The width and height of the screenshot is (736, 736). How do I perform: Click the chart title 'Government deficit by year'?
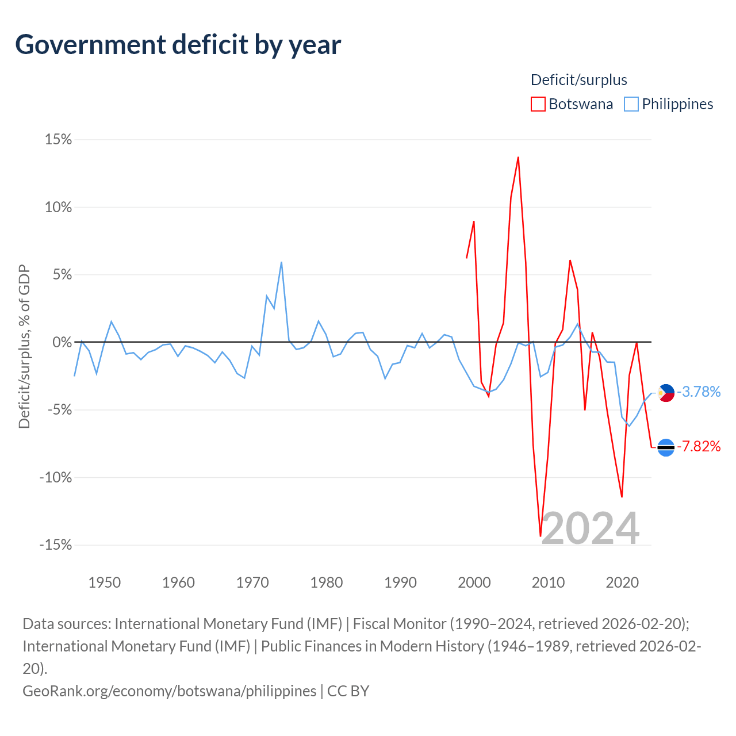pyautogui.click(x=178, y=45)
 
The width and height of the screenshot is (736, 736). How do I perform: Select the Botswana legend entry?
pyautogui.click(x=572, y=104)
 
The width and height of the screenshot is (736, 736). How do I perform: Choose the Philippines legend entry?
pyautogui.click(x=669, y=104)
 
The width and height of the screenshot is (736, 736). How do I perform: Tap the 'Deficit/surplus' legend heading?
pyautogui.click(x=578, y=80)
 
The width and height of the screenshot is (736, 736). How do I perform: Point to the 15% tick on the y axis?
pyautogui.click(x=58, y=140)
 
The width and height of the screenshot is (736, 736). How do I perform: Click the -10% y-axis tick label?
pyautogui.click(x=56, y=477)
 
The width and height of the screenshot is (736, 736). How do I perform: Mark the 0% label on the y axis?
pyautogui.click(x=62, y=343)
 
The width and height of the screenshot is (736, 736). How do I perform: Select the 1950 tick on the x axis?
pyautogui.click(x=104, y=582)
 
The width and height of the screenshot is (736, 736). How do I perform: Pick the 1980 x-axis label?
pyautogui.click(x=326, y=582)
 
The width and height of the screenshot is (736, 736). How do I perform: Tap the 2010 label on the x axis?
pyautogui.click(x=548, y=582)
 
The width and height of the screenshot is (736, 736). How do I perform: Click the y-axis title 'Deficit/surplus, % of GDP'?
pyautogui.click(x=24, y=346)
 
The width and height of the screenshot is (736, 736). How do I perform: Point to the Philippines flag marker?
pyautogui.click(x=666, y=393)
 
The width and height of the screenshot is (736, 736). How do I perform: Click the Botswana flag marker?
pyautogui.click(x=666, y=447)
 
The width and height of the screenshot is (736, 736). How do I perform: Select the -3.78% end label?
pyautogui.click(x=699, y=392)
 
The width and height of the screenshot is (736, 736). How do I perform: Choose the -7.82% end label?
pyautogui.click(x=699, y=447)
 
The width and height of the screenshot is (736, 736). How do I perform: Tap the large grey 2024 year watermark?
pyautogui.click(x=590, y=528)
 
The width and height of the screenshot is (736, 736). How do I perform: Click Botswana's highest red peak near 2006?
pyautogui.click(x=518, y=157)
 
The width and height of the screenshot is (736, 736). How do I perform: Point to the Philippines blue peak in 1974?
pyautogui.click(x=281, y=262)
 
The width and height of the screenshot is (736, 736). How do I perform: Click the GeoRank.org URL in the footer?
pyautogui.click(x=169, y=691)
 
